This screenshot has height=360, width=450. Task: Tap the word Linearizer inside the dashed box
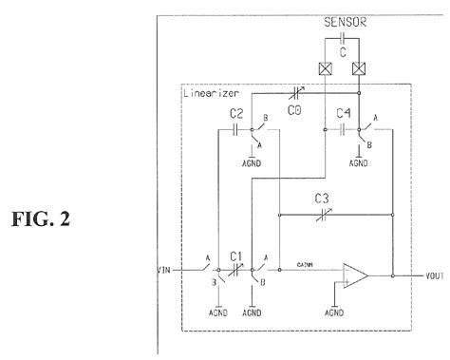click(212, 92)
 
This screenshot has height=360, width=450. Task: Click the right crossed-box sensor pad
click(359, 69)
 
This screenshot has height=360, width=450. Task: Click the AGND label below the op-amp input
click(334, 311)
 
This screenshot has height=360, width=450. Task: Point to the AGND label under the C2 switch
click(253, 162)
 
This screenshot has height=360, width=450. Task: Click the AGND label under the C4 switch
click(359, 162)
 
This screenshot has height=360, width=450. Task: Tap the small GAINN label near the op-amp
click(303, 265)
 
